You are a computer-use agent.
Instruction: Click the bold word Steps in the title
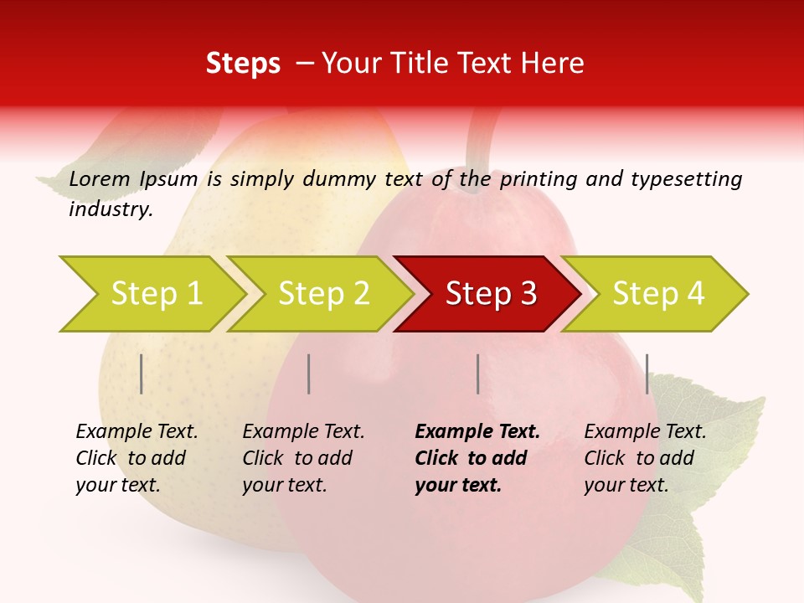(x=243, y=64)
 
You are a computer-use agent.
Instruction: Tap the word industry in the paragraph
(x=111, y=209)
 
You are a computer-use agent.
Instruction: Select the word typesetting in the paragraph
(x=686, y=179)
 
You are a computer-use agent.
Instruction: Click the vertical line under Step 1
(x=142, y=374)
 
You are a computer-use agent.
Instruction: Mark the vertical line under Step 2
(x=309, y=374)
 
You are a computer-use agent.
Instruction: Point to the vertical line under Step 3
(x=477, y=374)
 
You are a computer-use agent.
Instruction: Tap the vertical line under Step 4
(x=647, y=374)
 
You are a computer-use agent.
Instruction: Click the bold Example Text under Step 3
(x=477, y=432)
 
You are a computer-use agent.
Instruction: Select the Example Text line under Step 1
(x=137, y=432)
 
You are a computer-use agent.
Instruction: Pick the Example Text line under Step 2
(x=303, y=432)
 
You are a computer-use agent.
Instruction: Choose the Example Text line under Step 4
(x=645, y=432)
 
